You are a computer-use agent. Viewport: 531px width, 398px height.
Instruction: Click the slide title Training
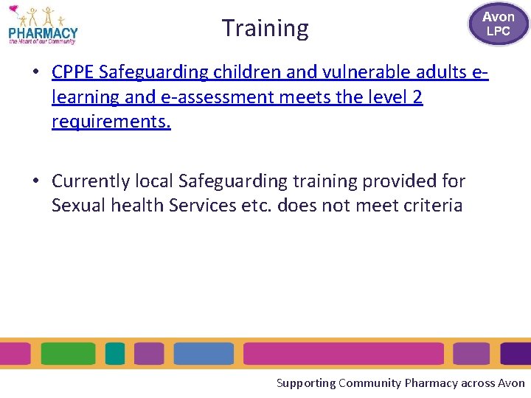coord(265,28)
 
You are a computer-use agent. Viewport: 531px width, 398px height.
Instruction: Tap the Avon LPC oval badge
coord(499,24)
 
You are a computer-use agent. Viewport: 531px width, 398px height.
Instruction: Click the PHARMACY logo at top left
coord(43,26)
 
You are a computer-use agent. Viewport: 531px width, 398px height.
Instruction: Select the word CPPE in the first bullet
coord(72,72)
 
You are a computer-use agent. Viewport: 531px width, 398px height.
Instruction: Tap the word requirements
coord(111,121)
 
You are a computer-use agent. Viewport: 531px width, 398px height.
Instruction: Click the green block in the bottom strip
coord(68,354)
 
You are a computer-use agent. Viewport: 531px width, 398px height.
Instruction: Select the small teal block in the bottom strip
coord(115,354)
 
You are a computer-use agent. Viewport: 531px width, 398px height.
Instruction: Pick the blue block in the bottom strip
coord(204,354)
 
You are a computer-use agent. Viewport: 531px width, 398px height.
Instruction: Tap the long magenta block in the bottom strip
coord(343,354)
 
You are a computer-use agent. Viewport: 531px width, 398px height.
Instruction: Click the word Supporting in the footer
coord(305,383)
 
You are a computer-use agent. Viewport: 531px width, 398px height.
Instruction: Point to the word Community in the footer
coord(369,383)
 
